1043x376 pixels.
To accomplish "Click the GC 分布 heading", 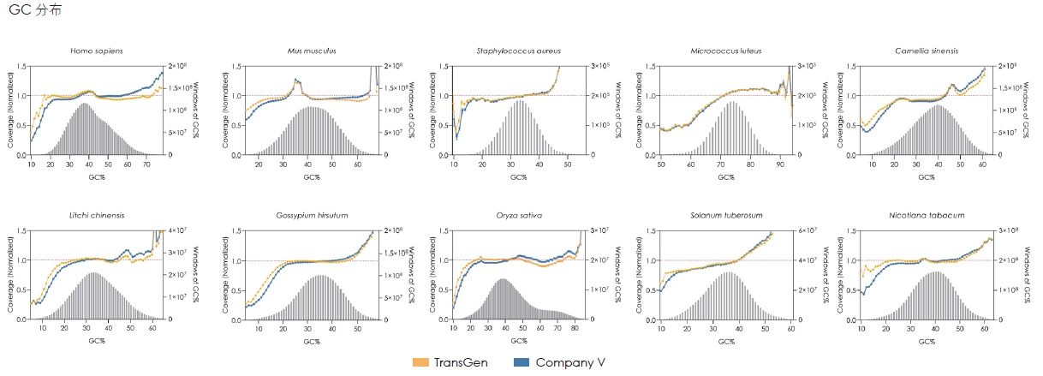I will (34, 11).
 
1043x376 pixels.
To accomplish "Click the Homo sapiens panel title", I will (96, 51).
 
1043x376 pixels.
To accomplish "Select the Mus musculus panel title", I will (312, 51).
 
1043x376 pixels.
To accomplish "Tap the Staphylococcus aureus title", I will (518, 51).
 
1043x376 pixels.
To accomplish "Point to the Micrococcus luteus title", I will (725, 51).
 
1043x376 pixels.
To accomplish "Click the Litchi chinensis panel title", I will (96, 215).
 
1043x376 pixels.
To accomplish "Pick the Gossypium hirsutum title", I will (312, 215).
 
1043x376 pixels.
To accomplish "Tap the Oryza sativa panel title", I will (518, 215).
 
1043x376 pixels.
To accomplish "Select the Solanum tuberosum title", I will (725, 215).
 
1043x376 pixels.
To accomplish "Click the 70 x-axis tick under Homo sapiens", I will (146, 163).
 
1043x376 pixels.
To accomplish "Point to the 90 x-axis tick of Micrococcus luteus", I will (779, 163).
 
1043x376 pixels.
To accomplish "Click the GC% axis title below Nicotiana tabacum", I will (927, 342).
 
